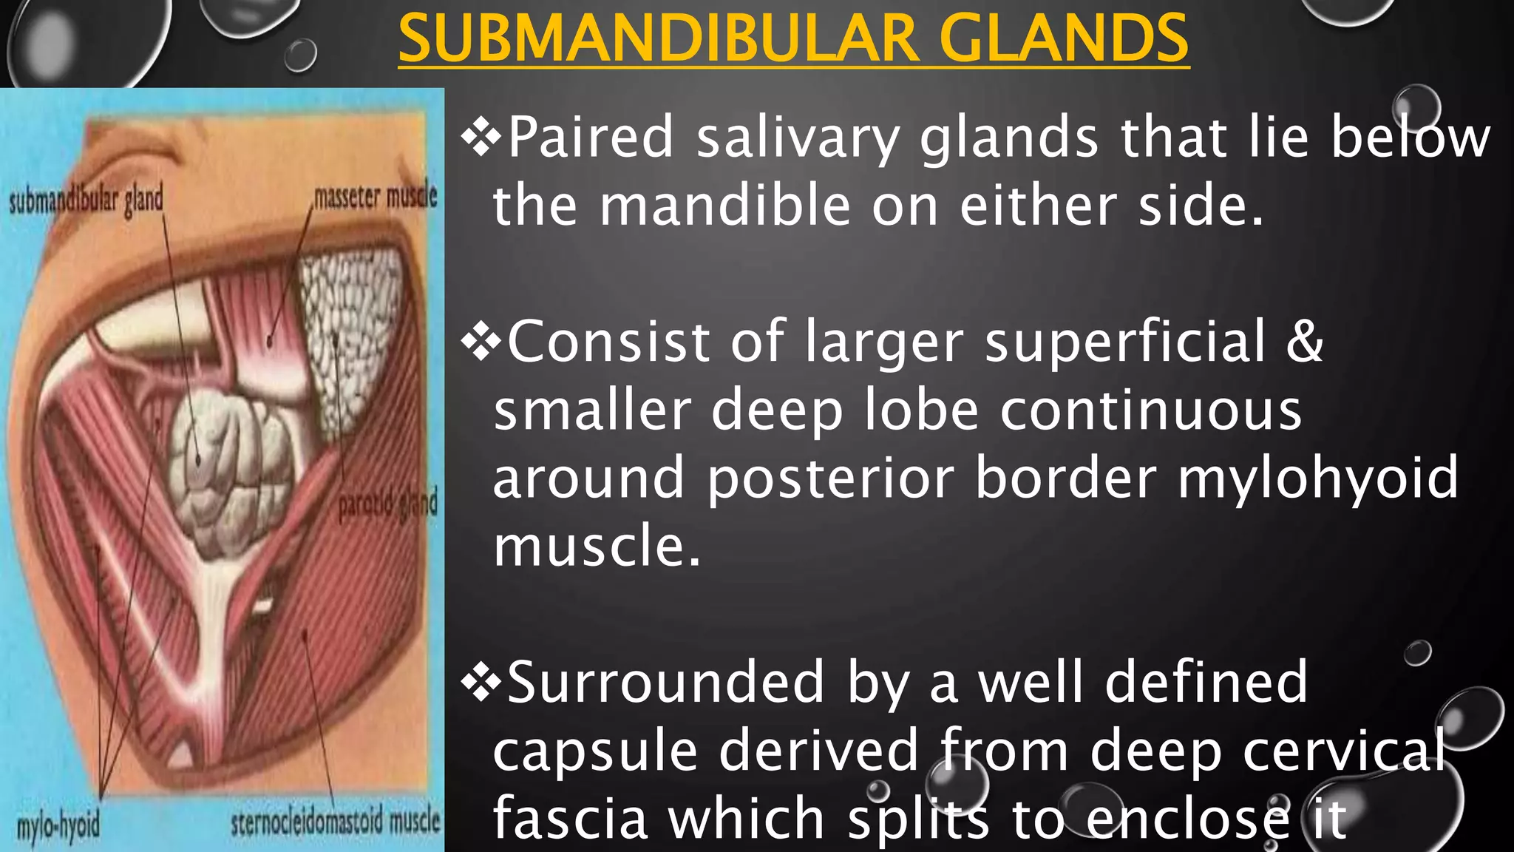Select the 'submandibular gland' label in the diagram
(x=85, y=200)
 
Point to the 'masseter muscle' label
(x=375, y=197)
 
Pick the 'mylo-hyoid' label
(x=58, y=825)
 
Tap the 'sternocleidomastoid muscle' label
(x=335, y=822)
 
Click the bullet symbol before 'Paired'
(x=481, y=138)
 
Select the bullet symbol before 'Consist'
(x=481, y=342)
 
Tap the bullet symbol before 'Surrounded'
(x=481, y=683)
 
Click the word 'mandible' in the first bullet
(x=724, y=206)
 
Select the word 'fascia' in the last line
(x=568, y=818)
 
